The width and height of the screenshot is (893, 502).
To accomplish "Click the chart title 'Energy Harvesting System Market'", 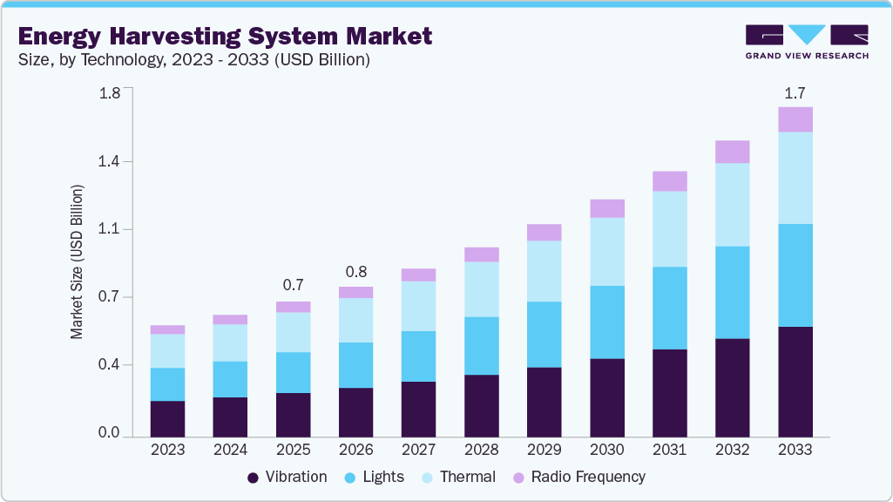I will point(225,36).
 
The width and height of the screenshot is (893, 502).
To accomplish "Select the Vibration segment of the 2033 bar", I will point(795,381).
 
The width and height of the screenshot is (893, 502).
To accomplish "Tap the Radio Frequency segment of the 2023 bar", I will point(167,329).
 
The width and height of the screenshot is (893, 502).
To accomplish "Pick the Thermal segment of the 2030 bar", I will point(607,251).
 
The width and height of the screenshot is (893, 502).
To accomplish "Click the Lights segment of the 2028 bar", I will point(482,345).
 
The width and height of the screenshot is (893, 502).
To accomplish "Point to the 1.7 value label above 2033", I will point(795,92).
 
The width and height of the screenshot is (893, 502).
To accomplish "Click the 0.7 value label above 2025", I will point(293,285).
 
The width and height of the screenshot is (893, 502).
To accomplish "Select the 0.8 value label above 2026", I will point(355,270).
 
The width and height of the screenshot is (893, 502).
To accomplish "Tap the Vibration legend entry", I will point(287,477).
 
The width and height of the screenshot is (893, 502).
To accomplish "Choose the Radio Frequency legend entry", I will point(578,477).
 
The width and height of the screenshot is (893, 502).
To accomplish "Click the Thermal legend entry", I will point(458,477).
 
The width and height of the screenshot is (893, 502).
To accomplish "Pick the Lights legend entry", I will point(375,477).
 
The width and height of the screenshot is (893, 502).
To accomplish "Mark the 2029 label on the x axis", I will point(545,450).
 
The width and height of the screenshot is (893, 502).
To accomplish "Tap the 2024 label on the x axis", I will point(230,450).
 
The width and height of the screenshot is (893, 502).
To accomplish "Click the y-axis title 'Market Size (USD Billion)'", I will point(78,261).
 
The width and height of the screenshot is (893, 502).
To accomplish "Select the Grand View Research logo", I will point(807,41).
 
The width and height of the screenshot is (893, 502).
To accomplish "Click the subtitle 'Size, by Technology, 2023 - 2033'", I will point(195,60).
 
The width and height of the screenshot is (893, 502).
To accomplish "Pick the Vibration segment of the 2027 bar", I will point(418,408).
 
